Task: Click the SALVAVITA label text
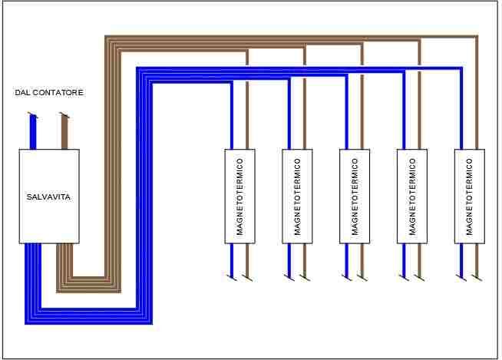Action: (48, 197)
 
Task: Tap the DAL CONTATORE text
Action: (49, 93)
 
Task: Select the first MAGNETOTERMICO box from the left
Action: (239, 197)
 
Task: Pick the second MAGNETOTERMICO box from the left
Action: (297, 197)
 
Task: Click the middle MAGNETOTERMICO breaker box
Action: (355, 197)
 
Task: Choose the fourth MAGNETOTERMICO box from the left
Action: (412, 197)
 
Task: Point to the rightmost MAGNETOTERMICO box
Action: (470, 197)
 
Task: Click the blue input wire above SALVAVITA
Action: (33, 132)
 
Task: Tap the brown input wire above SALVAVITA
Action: (64, 132)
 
